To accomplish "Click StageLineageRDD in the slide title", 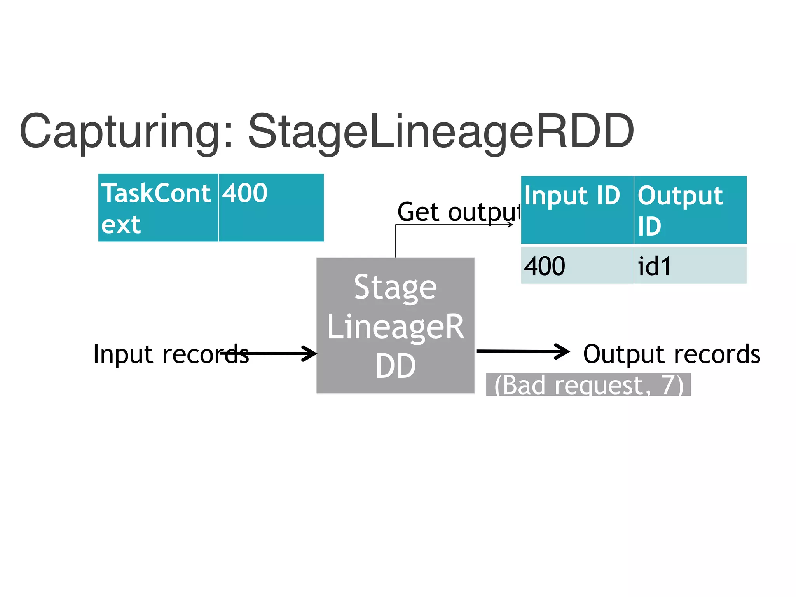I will (x=441, y=132).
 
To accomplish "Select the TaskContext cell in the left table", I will (x=157, y=208).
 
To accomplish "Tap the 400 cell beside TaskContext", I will (x=271, y=208).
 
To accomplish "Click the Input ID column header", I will (x=576, y=210).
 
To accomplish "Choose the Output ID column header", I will (x=690, y=210).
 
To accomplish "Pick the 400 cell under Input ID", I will (x=576, y=266).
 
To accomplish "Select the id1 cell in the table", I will (x=690, y=266).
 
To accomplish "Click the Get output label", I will (x=459, y=212).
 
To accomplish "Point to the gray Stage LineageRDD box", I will (x=395, y=326).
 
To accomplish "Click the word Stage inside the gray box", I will (x=395, y=288).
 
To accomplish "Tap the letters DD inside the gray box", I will (x=395, y=366).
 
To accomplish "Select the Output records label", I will (x=672, y=354).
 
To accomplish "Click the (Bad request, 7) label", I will (x=588, y=385).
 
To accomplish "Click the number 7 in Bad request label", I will (x=668, y=384).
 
